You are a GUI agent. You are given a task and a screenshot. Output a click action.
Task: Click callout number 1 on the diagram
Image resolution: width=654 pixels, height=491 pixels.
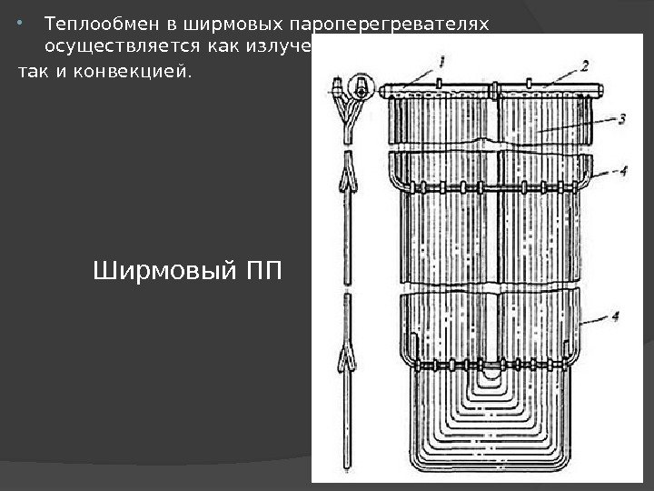click(x=441, y=61)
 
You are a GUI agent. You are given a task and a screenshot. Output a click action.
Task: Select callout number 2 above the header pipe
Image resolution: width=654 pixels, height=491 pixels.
click(x=585, y=65)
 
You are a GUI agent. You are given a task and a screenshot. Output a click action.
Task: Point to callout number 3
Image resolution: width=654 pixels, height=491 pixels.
click(x=622, y=118)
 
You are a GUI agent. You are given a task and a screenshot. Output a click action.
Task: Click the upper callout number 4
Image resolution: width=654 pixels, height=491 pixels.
click(x=622, y=170)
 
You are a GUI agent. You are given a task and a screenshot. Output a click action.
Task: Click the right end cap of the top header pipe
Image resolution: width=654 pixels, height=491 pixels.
click(x=599, y=91)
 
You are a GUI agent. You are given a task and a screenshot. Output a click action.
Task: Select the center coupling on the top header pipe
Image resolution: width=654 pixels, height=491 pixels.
click(x=496, y=90)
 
